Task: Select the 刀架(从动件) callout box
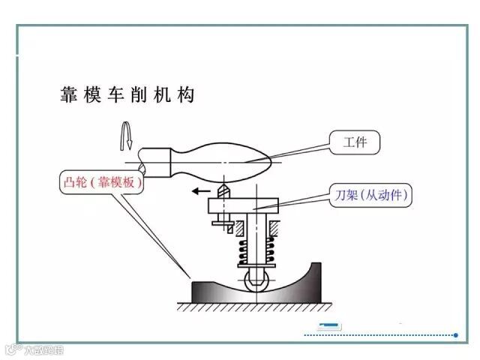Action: tap(372, 195)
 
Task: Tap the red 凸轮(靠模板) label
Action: tap(101, 182)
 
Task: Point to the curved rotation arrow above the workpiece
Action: tap(127, 136)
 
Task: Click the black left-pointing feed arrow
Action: tap(200, 191)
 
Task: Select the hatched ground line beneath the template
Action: tap(255, 307)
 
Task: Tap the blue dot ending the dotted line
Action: tap(455, 335)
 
